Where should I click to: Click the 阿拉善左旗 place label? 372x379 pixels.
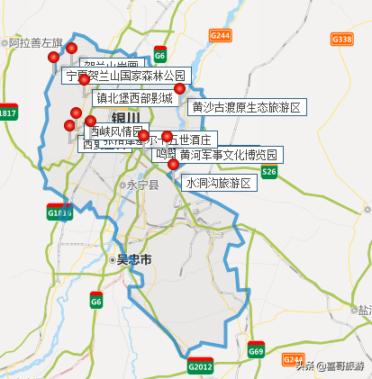pos(34,42)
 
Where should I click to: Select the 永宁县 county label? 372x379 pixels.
pos(141,185)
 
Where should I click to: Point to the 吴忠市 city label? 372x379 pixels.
pos(134,259)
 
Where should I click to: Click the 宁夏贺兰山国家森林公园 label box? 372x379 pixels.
pos(125,76)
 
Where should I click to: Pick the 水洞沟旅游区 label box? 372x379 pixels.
pos(220,183)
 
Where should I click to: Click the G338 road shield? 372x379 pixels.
pos(342,39)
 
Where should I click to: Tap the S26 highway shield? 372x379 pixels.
pos(268,171)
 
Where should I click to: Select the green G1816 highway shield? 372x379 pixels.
pos(59,212)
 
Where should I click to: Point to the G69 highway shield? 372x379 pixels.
pos(256,352)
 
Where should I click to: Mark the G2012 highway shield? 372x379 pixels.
pos(199,366)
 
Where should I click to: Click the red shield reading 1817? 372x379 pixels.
pos(8,113)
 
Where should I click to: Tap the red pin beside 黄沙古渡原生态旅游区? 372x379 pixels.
pos(179,88)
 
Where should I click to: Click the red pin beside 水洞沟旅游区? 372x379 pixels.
pos(173,165)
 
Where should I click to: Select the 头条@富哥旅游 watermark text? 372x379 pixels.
pos(335,365)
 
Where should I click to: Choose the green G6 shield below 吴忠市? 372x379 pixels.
pos(95,302)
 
